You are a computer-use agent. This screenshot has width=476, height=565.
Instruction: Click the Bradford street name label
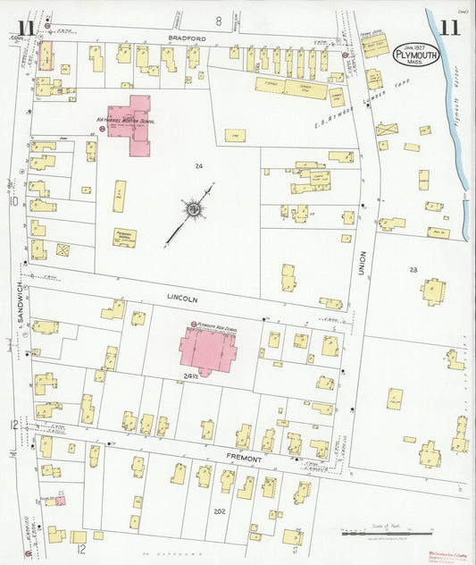click(x=188, y=39)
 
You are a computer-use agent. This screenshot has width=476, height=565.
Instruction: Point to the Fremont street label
click(x=242, y=459)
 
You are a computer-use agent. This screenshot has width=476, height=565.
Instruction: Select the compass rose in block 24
click(x=192, y=210)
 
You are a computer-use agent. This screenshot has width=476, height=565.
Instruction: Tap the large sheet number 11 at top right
click(x=449, y=27)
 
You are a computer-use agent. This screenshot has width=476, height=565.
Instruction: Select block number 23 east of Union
click(x=413, y=269)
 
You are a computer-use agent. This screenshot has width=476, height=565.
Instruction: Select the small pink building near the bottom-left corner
click(x=60, y=502)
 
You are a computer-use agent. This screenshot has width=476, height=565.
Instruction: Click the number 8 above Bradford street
click(x=216, y=20)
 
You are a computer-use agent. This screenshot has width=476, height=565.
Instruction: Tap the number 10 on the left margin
click(x=13, y=202)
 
